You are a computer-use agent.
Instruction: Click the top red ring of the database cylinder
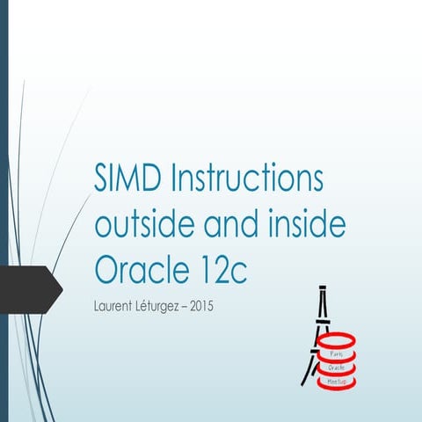pos(338,340)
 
